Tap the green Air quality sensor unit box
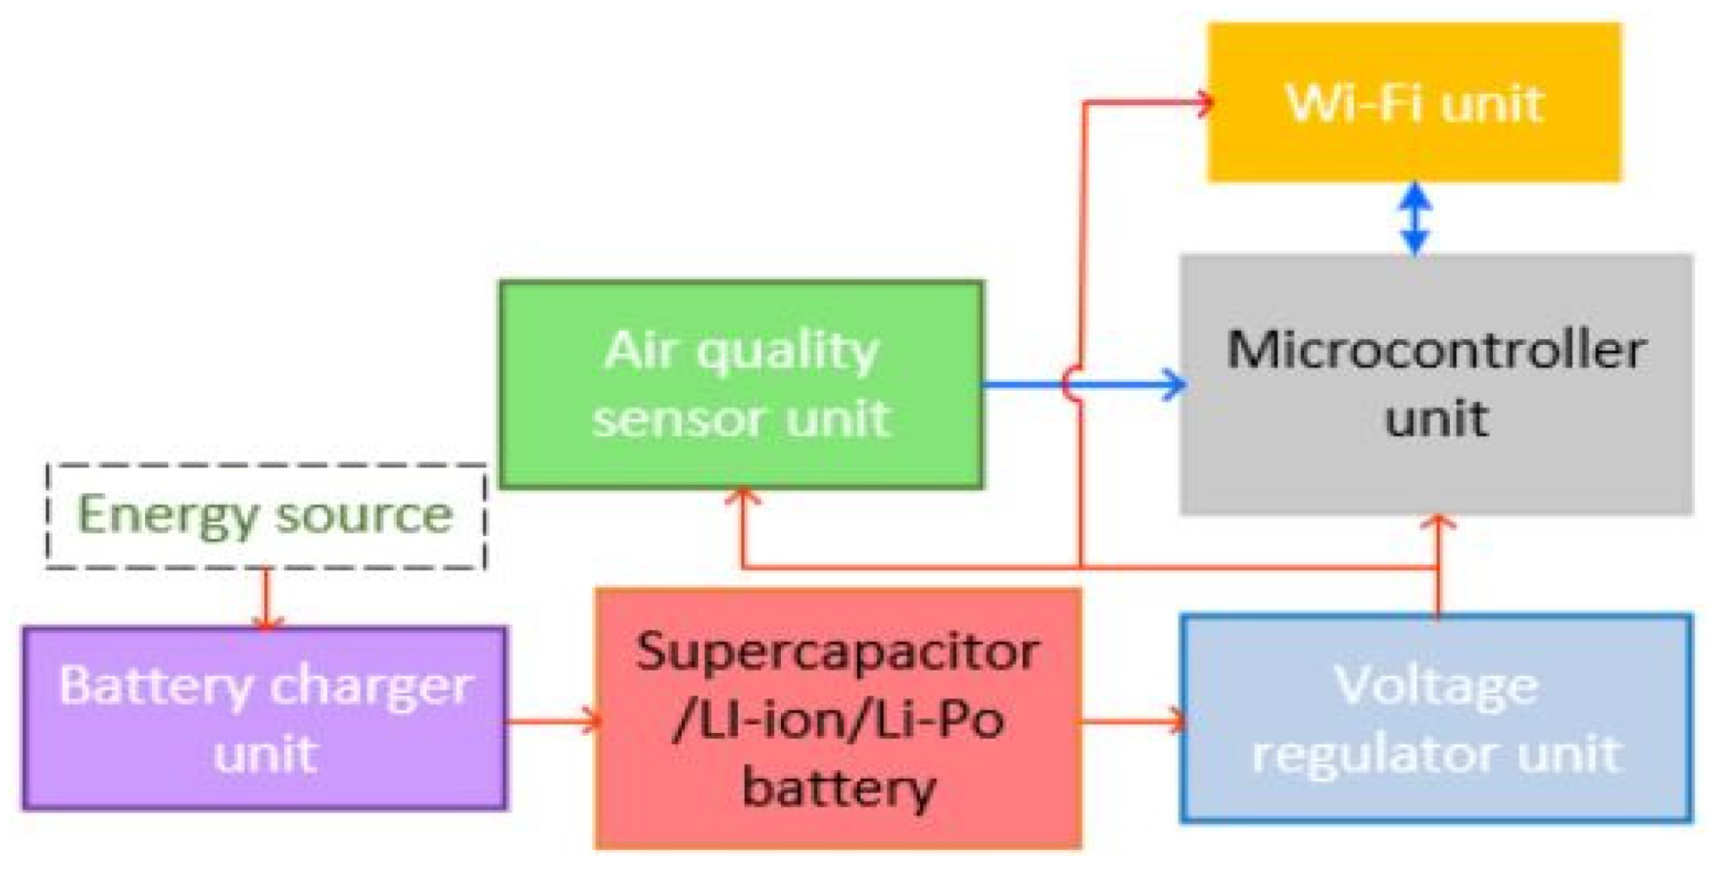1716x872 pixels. click(x=741, y=384)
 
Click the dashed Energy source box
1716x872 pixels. click(x=265, y=516)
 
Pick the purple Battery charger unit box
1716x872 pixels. click(x=265, y=718)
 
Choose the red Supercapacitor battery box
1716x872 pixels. click(x=838, y=718)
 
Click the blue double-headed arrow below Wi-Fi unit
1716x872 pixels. click(x=1414, y=218)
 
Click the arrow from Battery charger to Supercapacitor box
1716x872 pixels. click(x=552, y=719)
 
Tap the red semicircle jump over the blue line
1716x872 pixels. click(x=1071, y=384)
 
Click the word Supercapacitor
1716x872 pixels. click(x=838, y=651)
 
